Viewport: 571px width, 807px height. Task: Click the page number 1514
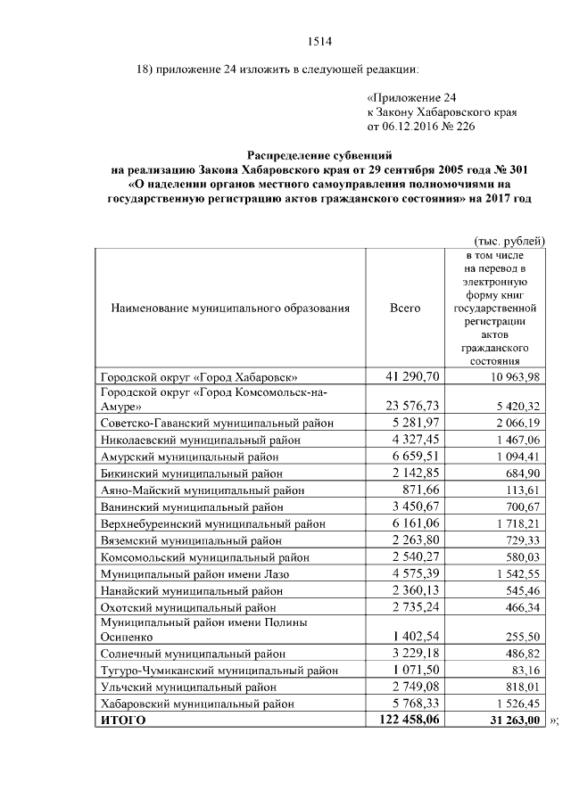(319, 39)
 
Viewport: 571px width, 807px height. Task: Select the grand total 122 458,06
(406, 721)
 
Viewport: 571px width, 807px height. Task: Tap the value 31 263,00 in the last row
(507, 721)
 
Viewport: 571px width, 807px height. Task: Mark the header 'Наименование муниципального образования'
(230, 308)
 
